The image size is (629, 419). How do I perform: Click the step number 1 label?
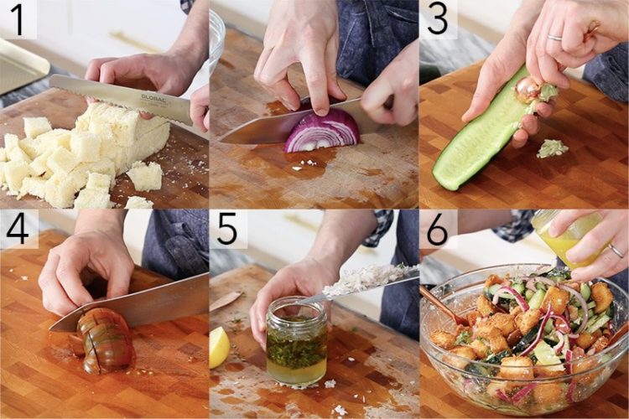(x=18, y=19)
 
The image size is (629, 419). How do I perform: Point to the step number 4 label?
(x=18, y=229)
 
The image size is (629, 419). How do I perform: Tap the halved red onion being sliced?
(x=323, y=132)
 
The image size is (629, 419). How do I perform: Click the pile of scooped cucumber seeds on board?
(x=553, y=148)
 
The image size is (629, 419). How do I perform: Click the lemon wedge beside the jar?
(x=219, y=347)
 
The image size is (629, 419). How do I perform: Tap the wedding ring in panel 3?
(x=555, y=38)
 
